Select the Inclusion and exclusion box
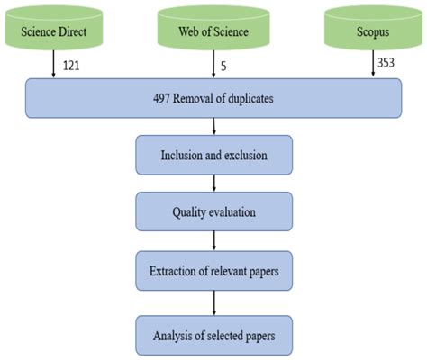point(214,154)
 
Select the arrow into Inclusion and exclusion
point(214,126)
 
